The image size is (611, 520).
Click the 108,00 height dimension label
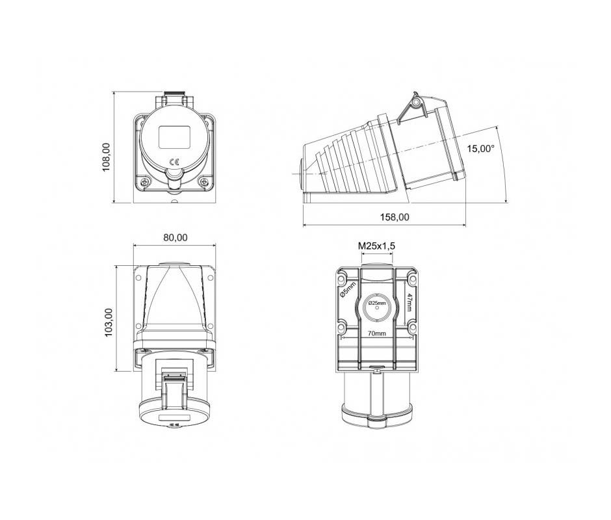click(x=106, y=157)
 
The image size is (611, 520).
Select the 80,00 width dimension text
click(x=175, y=237)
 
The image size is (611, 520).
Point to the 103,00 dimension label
click(x=109, y=322)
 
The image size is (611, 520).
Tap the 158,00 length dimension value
click(x=395, y=216)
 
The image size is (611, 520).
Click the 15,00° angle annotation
click(x=481, y=148)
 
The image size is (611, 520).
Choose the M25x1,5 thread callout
click(x=376, y=246)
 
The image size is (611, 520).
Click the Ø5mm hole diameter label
click(x=348, y=290)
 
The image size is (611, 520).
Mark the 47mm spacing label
click(x=409, y=302)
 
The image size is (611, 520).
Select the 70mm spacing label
click(x=377, y=333)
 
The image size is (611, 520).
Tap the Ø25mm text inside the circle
click(x=377, y=303)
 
